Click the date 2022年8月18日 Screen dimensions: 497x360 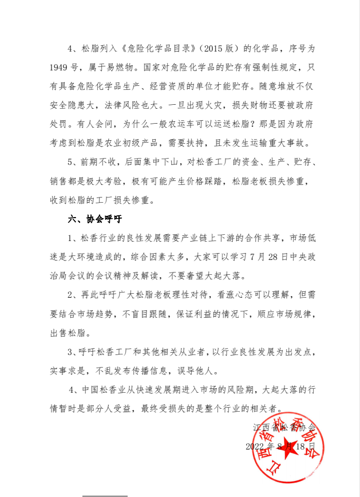coord(280,446)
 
